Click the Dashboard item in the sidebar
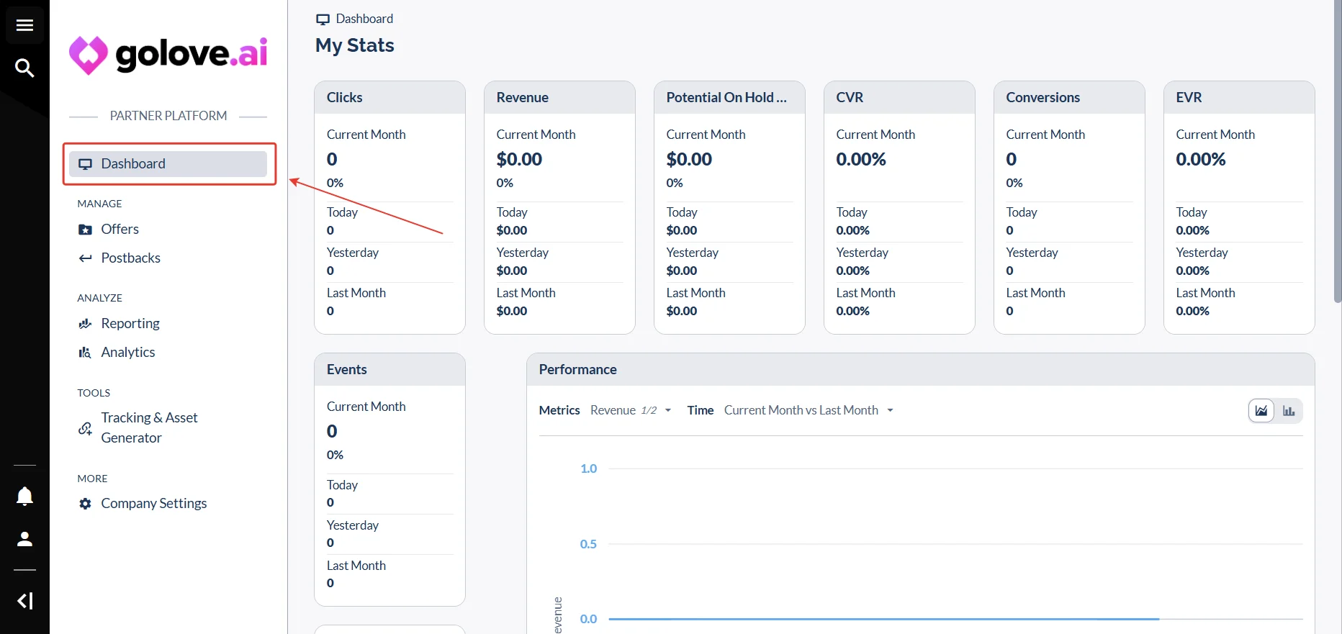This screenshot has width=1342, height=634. [168, 164]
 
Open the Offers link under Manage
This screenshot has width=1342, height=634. [109, 230]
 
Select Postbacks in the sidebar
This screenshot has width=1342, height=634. [120, 258]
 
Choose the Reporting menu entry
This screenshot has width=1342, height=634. [119, 324]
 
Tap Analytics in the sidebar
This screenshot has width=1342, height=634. [117, 353]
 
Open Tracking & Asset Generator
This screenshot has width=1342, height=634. [138, 428]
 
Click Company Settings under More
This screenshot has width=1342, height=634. [143, 504]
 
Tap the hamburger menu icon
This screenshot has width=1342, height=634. [25, 26]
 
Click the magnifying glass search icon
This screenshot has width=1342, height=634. [25, 68]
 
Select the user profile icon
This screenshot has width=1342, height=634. [25, 539]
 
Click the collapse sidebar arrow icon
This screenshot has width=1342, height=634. [25, 601]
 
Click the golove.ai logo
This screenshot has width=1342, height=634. [168, 55]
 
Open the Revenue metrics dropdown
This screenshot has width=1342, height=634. [631, 410]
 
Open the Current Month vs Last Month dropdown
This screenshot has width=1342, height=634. [809, 410]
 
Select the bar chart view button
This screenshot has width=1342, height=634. [1289, 411]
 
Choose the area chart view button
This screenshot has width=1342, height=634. [1261, 411]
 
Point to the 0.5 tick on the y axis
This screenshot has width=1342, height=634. [588, 544]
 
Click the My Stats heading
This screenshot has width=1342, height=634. [355, 45]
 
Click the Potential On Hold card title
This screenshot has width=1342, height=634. [726, 98]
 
